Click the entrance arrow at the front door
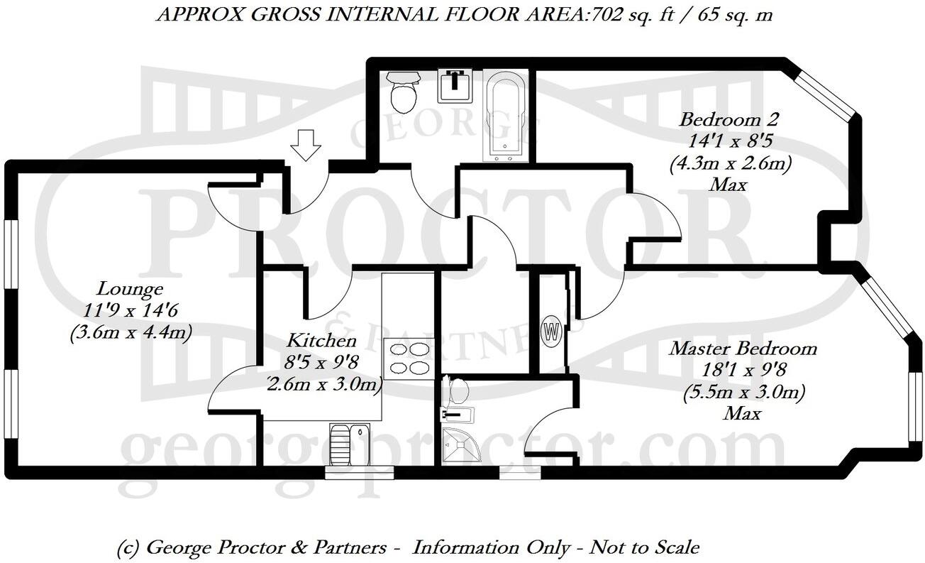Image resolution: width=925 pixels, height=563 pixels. point(306,145)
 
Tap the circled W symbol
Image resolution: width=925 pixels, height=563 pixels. point(551,332)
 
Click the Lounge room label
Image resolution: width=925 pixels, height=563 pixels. point(130,289)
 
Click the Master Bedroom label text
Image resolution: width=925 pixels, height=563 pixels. point(743,349)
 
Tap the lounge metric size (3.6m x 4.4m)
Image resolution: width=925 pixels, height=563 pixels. point(131,332)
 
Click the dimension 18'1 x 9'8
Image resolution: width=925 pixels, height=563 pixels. point(743,370)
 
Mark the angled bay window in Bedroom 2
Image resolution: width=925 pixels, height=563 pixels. point(826,94)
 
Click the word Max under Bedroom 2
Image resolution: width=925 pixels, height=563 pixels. point(729,185)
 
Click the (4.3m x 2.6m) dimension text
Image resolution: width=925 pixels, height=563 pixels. point(730,163)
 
